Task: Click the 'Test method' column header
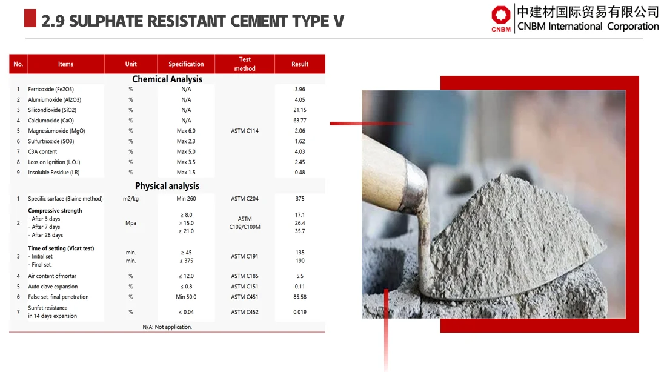coord(245,64)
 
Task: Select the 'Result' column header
coord(300,64)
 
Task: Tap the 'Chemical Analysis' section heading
coord(167,79)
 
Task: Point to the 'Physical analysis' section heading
coord(167,186)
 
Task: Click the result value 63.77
coord(300,121)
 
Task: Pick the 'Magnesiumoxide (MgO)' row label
coord(56,131)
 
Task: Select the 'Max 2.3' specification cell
coord(186,141)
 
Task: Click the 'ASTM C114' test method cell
coord(245,131)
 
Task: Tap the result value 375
coord(300,199)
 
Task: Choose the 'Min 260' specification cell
coord(186,199)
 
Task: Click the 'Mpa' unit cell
coord(131,223)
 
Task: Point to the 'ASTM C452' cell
coord(245,312)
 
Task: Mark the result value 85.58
coord(300,297)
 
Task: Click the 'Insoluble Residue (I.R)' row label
coord(54,173)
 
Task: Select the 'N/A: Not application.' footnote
coord(167,327)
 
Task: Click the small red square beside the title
coord(30,19)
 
